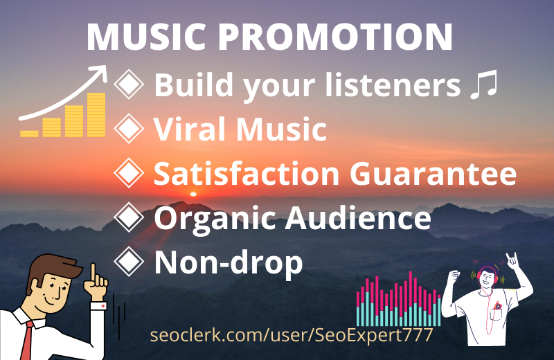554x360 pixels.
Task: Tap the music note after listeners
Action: (x=483, y=86)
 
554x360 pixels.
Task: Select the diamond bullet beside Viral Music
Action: (x=129, y=129)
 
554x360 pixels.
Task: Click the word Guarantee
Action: (x=442, y=174)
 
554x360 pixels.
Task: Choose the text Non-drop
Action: (x=229, y=263)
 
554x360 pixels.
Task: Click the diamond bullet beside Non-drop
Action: (x=129, y=262)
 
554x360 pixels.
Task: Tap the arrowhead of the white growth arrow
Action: (x=103, y=71)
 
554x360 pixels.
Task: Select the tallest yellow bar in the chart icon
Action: (x=96, y=115)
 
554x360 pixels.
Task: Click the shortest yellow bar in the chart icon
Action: (x=30, y=132)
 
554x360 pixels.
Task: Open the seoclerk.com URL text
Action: (x=292, y=336)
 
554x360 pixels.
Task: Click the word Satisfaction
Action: (x=247, y=174)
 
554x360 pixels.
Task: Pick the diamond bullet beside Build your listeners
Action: (x=129, y=84)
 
